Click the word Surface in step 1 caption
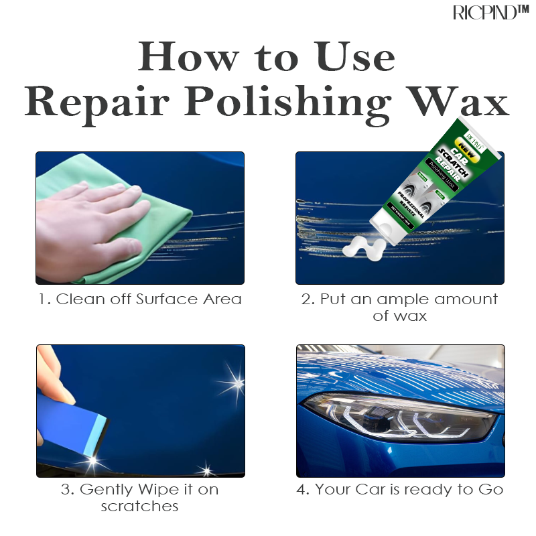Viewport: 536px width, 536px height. coord(167,299)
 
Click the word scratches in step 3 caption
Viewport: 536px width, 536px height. coord(140,507)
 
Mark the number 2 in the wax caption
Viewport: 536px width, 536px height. coord(307,299)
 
